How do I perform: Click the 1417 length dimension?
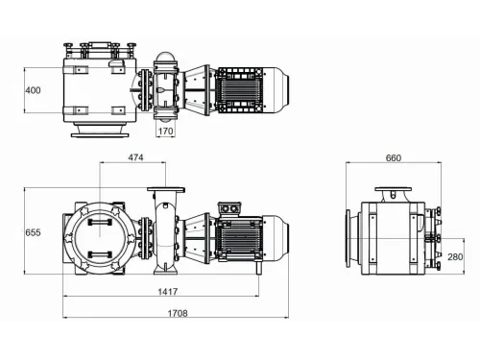[x=168, y=291]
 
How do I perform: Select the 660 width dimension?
[x=393, y=157]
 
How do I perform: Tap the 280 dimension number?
[x=455, y=256]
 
